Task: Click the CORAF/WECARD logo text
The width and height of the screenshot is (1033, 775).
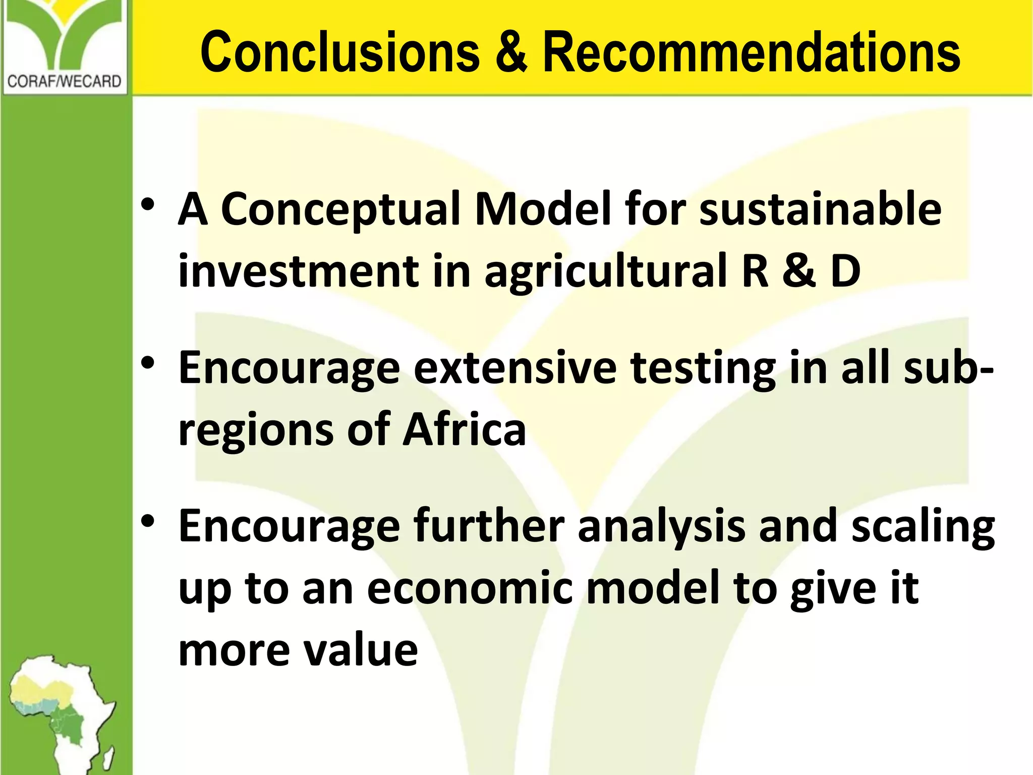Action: (64, 81)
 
